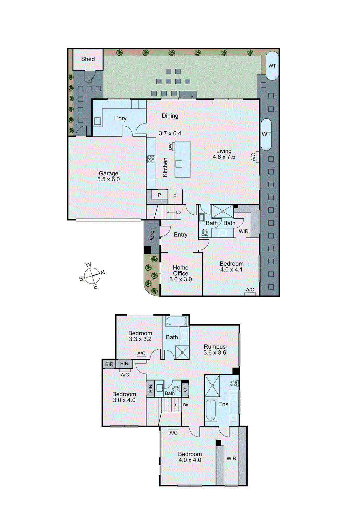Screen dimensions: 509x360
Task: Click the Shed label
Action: point(88,59)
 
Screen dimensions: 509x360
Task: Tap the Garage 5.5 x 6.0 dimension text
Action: point(109,179)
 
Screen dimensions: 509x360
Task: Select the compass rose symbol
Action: point(92,275)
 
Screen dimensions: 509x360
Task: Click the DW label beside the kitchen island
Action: point(170,147)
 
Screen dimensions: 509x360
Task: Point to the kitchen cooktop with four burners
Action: point(151,159)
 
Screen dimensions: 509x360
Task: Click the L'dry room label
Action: point(120,118)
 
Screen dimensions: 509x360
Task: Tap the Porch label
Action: point(152,235)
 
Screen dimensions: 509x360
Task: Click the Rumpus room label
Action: point(215,347)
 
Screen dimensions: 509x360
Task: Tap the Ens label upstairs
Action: point(223,404)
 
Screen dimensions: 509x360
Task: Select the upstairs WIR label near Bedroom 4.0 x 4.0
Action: point(231,458)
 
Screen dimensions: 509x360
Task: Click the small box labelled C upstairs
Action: point(185,390)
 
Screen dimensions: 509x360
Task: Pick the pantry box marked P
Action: point(159,195)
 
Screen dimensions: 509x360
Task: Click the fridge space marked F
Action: point(175,197)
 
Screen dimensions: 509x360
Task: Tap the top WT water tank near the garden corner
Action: point(272,66)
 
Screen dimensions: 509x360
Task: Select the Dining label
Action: point(170,116)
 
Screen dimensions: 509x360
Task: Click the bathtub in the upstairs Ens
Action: point(211,410)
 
